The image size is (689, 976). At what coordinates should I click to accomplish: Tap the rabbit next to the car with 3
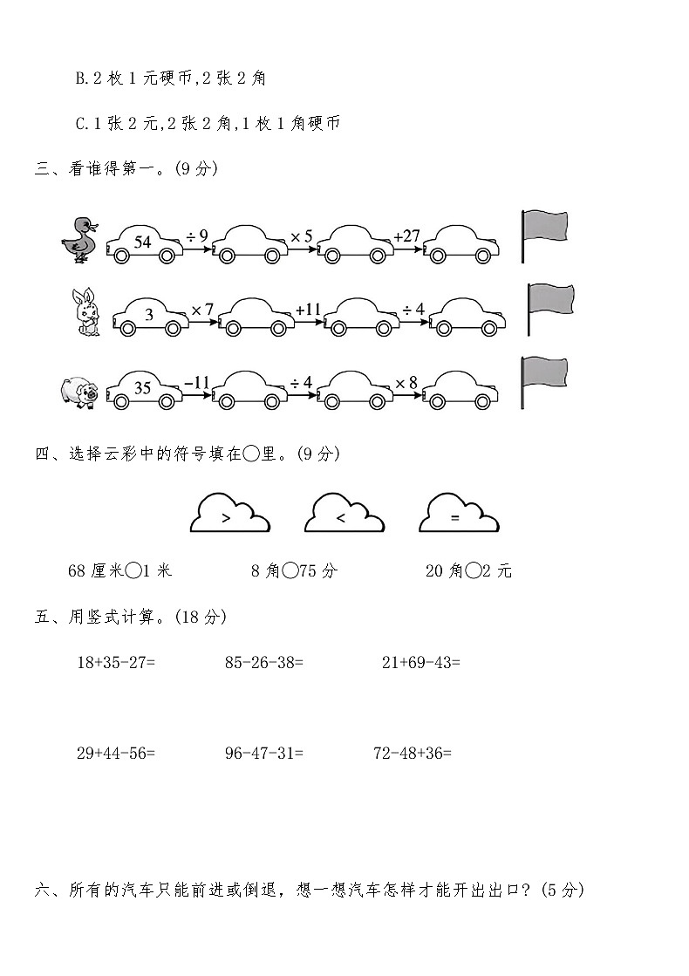[x=85, y=312]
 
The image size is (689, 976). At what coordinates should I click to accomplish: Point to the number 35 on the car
[x=144, y=390]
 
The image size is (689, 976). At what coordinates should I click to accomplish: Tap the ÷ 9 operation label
[x=197, y=235]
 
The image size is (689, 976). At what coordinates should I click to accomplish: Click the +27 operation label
[x=406, y=235]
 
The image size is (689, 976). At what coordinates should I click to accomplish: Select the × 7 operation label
[x=202, y=309]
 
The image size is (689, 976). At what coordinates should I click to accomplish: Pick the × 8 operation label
[x=406, y=382]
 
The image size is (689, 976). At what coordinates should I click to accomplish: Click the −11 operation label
[x=197, y=382]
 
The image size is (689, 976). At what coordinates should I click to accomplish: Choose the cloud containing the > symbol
[x=229, y=514]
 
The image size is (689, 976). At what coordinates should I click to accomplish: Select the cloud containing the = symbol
[x=459, y=514]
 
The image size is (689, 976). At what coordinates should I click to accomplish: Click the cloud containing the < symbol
[x=344, y=514]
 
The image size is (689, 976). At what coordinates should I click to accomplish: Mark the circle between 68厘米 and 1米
[x=133, y=571]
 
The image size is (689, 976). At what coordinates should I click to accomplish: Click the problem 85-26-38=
[x=263, y=662]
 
